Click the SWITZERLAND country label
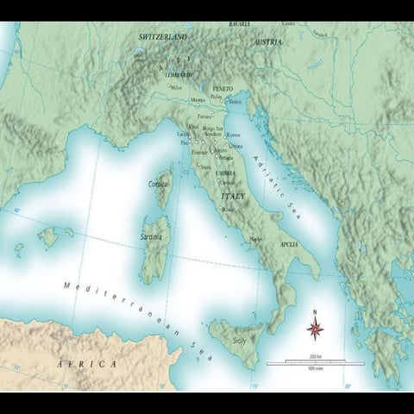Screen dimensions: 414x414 pyautogui.click(x=164, y=38)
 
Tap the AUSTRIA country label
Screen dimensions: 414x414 pyautogui.click(x=267, y=41)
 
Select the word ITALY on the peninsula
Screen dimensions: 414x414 pyautogui.click(x=233, y=197)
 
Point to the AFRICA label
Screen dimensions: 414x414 pyautogui.click(x=86, y=364)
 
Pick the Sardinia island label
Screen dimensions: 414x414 pyautogui.click(x=152, y=235)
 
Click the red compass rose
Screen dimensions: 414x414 pyautogui.click(x=316, y=328)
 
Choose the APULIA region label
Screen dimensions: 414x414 pyautogui.click(x=288, y=244)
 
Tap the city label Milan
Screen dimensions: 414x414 pyautogui.click(x=177, y=87)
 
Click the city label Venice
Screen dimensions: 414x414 pyautogui.click(x=235, y=102)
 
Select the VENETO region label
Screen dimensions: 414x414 pyautogui.click(x=223, y=89)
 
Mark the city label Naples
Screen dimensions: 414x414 pyautogui.click(x=255, y=239)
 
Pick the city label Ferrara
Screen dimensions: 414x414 pyautogui.click(x=204, y=116)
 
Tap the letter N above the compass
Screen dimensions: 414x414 pyautogui.click(x=316, y=312)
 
